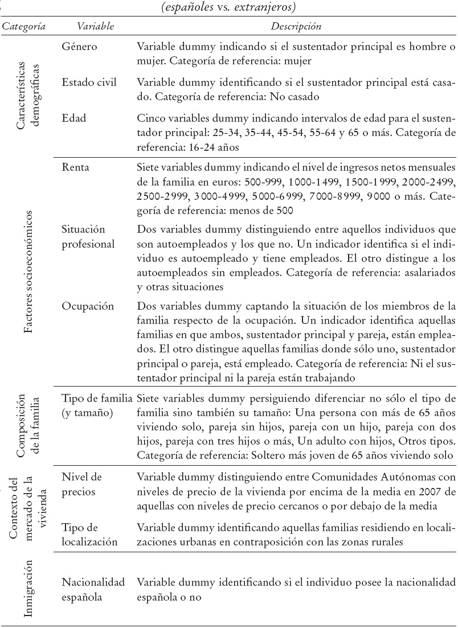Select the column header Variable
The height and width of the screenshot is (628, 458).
coord(96,27)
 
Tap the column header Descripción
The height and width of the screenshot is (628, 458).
coord(296,27)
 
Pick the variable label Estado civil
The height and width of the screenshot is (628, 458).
coord(89,82)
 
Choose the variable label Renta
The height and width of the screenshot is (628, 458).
coord(76,167)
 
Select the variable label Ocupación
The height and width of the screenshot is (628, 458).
coord(88,306)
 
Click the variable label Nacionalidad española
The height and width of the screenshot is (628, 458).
coord(93,589)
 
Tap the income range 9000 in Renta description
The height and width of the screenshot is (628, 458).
coord(383,197)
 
